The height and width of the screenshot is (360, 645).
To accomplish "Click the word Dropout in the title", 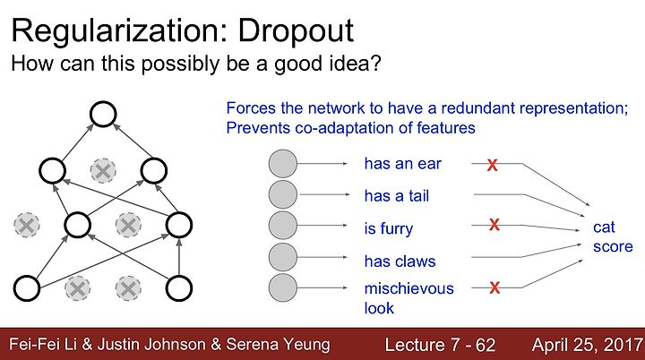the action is [296, 31].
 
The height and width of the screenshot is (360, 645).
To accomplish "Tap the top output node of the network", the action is [103, 114].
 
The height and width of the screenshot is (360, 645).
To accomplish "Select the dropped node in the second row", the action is [103, 170].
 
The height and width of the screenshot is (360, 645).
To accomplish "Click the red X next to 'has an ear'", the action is [492, 165].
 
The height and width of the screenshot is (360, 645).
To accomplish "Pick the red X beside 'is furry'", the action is [494, 225].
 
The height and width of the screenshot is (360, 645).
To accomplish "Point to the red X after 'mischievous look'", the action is [494, 287].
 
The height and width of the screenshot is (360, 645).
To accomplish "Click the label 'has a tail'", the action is [397, 196].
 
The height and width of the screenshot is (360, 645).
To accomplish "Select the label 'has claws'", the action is [400, 261].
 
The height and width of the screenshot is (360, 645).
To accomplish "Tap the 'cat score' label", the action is [613, 236].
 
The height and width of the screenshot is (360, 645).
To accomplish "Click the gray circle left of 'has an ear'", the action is [283, 164].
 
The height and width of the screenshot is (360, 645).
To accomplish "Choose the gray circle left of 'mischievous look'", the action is [283, 287].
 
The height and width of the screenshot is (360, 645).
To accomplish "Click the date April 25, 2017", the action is [588, 345].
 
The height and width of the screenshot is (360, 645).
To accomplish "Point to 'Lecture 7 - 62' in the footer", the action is [440, 345].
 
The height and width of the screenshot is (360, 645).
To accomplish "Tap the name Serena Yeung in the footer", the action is [278, 345].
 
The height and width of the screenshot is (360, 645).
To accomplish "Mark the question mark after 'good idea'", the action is [375, 64].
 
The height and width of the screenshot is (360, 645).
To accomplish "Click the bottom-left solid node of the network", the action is [27, 288].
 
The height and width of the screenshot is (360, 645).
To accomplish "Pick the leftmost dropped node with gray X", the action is [27, 225].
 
